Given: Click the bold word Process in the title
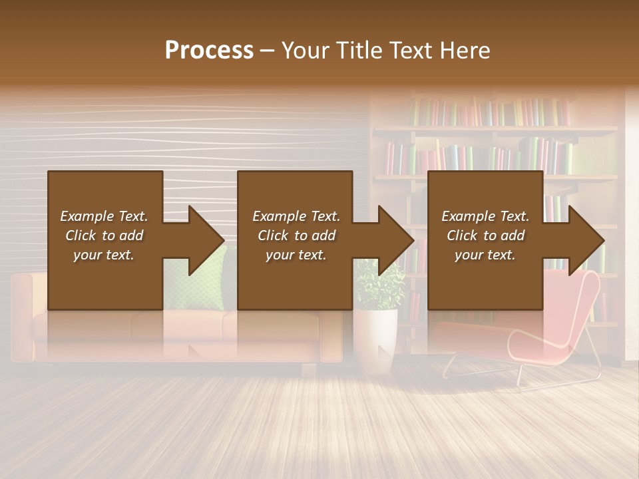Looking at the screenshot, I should [x=209, y=51].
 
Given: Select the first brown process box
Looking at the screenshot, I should [x=105, y=200].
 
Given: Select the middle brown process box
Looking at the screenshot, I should [x=295, y=200].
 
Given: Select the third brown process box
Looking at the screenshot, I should [x=485, y=200].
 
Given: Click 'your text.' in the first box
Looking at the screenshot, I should [x=103, y=255].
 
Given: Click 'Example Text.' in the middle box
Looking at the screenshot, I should [x=296, y=216].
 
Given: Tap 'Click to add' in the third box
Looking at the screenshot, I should [x=485, y=236].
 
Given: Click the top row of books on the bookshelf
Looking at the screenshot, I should [x=493, y=112].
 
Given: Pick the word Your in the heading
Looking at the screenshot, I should [x=307, y=51].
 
